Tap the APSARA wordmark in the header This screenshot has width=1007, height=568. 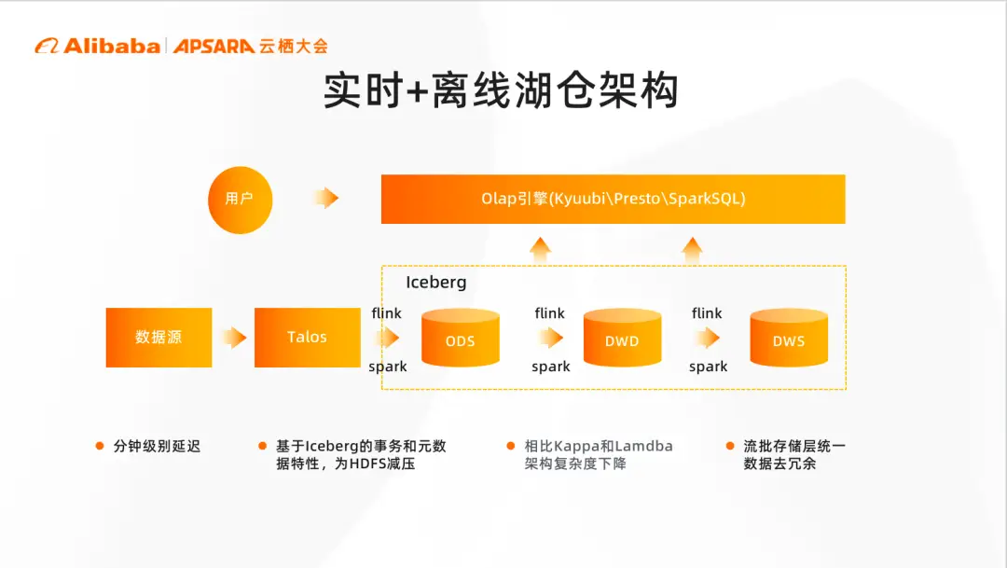(214, 46)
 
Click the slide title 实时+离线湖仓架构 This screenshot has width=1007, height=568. (501, 91)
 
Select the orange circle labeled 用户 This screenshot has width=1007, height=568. (240, 199)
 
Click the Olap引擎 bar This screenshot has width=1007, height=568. (613, 199)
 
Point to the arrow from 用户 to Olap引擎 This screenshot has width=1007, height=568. (325, 198)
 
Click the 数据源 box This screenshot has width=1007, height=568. (159, 337)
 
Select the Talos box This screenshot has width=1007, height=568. (307, 337)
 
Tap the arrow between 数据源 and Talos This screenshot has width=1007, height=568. (234, 337)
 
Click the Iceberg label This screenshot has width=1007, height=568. (435, 282)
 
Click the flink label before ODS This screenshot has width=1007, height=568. (386, 313)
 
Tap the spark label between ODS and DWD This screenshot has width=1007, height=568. (550, 367)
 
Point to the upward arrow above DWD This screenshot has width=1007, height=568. (540, 249)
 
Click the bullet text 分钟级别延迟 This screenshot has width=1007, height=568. (157, 446)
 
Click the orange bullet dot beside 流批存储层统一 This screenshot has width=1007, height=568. (730, 446)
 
